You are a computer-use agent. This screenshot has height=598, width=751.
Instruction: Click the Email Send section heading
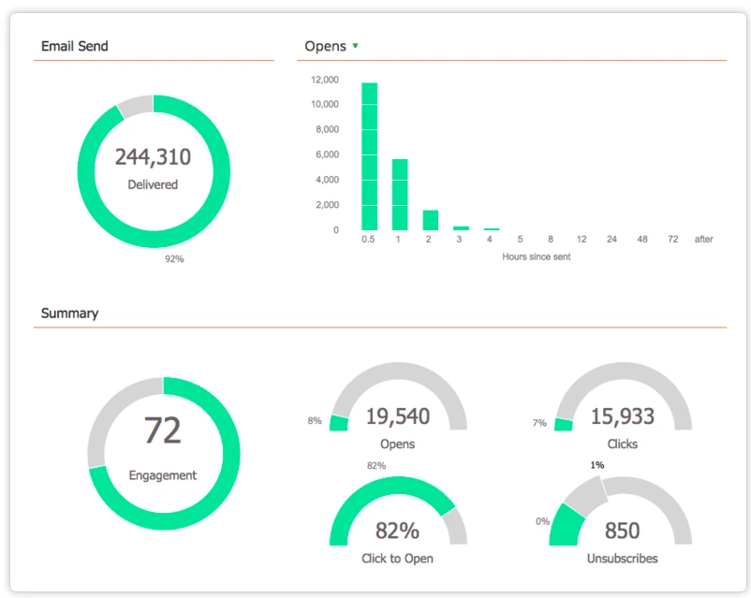pos(75,46)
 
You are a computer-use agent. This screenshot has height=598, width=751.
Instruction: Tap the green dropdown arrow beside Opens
pos(356,46)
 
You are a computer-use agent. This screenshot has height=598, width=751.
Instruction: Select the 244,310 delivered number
pos(153,156)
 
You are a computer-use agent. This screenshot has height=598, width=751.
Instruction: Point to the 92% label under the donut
pos(174,259)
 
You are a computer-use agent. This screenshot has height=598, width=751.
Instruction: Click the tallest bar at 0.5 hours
pos(369,156)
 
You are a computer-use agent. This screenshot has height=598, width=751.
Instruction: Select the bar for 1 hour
pos(400,195)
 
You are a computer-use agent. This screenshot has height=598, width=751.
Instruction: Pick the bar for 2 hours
pos(431,220)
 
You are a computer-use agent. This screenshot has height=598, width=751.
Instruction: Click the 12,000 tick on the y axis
pos(324,80)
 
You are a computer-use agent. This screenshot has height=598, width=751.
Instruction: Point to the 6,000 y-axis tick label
pos(327,154)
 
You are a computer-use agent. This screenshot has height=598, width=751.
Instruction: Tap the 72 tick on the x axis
pos(672,240)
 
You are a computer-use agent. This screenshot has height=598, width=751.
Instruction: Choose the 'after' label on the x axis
pos(703,240)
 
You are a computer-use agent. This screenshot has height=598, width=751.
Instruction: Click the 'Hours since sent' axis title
pos(537,256)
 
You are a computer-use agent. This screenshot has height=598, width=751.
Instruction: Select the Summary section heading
pos(69,314)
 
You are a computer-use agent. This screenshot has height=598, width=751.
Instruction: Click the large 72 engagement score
pos(162,430)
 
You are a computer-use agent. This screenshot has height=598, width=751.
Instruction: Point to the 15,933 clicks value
pos(622,416)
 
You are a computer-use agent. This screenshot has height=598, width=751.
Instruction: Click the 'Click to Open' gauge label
pos(397,559)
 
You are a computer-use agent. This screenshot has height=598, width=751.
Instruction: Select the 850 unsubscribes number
pos(622,531)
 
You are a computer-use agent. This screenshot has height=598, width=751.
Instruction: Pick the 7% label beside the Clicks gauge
pos(539,423)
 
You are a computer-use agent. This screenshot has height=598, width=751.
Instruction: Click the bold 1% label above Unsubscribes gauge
pos(597,465)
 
